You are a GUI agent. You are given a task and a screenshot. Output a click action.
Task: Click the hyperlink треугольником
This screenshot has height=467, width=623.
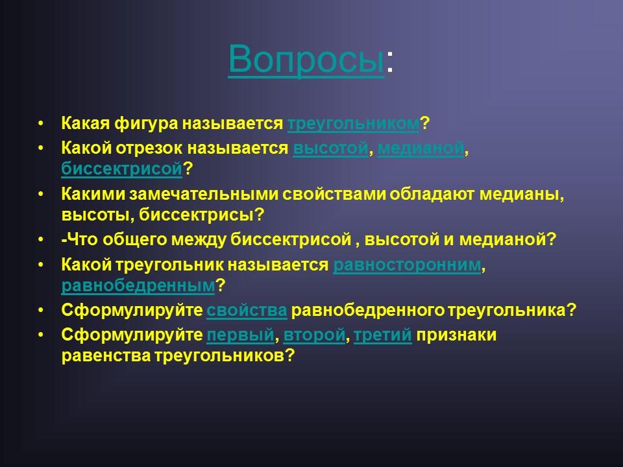(353, 123)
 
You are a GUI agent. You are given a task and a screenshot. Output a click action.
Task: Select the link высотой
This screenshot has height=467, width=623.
(331, 149)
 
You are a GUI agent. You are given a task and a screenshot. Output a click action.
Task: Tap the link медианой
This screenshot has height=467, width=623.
(421, 149)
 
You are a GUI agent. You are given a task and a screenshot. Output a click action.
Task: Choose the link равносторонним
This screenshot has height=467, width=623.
(407, 265)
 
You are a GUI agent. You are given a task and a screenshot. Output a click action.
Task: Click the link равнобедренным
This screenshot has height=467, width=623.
(138, 285)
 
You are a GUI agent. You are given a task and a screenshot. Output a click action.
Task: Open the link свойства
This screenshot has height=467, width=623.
(247, 311)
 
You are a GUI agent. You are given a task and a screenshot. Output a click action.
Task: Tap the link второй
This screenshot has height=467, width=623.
(313, 336)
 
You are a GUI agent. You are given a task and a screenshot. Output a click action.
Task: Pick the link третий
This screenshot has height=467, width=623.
(383, 336)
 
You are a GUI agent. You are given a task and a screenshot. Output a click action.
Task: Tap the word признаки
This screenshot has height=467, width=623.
(457, 336)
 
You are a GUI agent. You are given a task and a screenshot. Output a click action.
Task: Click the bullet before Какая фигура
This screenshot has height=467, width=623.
(42, 123)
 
